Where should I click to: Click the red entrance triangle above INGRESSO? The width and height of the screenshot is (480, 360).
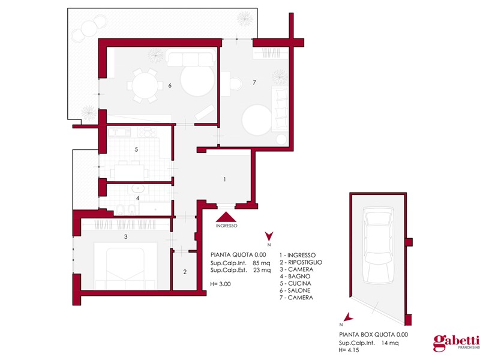coord(226,217)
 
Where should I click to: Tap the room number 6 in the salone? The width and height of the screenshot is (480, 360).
coord(170,85)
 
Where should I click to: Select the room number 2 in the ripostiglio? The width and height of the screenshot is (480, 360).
coord(185,272)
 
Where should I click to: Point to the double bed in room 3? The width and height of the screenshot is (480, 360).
coord(125,266)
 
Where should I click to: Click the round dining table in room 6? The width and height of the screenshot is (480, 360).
coord(145,85)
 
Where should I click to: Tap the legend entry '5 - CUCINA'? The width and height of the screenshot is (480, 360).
coord(295,283)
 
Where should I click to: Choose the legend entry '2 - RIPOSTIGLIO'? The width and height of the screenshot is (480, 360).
coord(301,262)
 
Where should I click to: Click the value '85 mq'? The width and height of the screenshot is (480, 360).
coord(262,263)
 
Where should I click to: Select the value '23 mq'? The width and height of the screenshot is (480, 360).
coord(262,270)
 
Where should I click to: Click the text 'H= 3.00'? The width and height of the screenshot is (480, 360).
coord(220,284)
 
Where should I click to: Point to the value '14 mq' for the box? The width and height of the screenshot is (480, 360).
coord(390,343)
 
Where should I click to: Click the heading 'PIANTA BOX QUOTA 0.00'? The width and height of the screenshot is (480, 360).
coord(373,335)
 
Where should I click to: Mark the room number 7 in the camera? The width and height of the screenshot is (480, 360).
coord(254,82)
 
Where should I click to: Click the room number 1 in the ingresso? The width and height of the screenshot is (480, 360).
coord(224,179)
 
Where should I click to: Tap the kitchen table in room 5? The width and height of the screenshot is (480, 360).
coord(129,172)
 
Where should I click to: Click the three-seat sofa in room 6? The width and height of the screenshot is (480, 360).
coord(190,58)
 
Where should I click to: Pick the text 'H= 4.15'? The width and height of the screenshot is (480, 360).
coord(349,350)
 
